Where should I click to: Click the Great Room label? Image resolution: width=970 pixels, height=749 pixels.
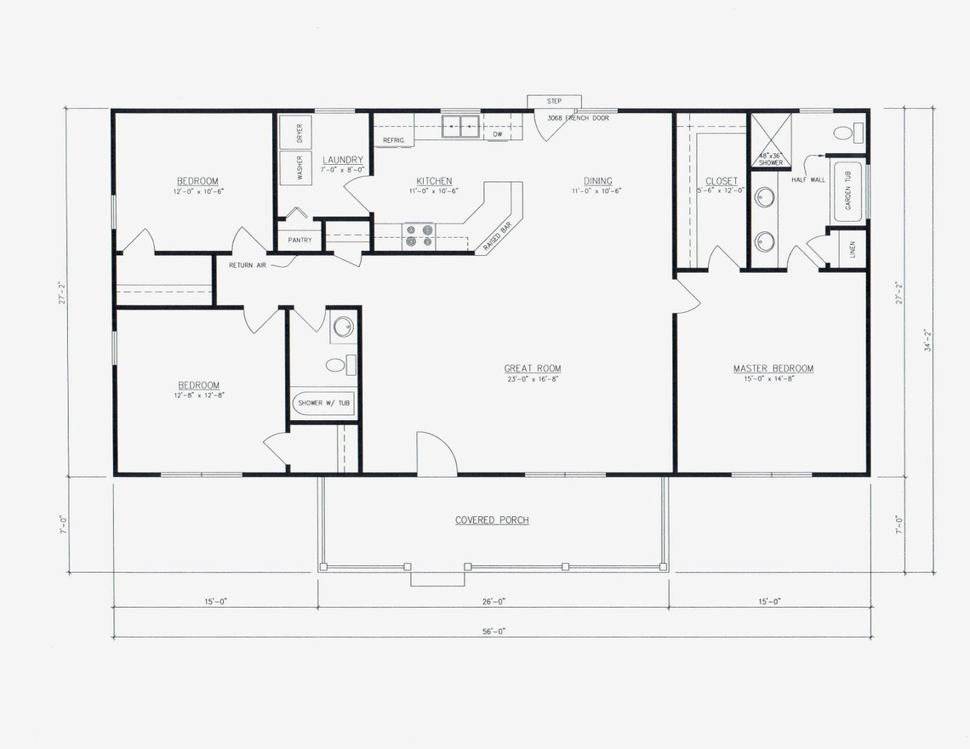[533, 369]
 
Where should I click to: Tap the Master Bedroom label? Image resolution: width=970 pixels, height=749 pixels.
[773, 369]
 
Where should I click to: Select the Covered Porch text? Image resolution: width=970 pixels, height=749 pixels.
[492, 519]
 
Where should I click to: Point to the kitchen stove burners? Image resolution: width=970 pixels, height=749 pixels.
[418, 235]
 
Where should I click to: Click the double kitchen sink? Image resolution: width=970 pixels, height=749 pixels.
[460, 126]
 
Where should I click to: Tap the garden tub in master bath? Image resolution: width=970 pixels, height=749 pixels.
[847, 191]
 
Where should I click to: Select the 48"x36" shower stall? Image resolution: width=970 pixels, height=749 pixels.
[770, 141]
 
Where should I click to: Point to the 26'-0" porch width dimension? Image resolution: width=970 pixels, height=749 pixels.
[493, 601]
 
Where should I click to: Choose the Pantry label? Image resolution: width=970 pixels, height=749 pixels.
[300, 240]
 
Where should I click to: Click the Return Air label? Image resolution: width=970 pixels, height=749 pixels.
[248, 265]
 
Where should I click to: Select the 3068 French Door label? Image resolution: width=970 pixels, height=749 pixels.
[578, 118]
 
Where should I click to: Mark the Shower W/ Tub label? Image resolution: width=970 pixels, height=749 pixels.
[323, 403]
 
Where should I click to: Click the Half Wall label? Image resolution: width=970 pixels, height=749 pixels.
[807, 179]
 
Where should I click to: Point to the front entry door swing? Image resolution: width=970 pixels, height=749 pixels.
[436, 454]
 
